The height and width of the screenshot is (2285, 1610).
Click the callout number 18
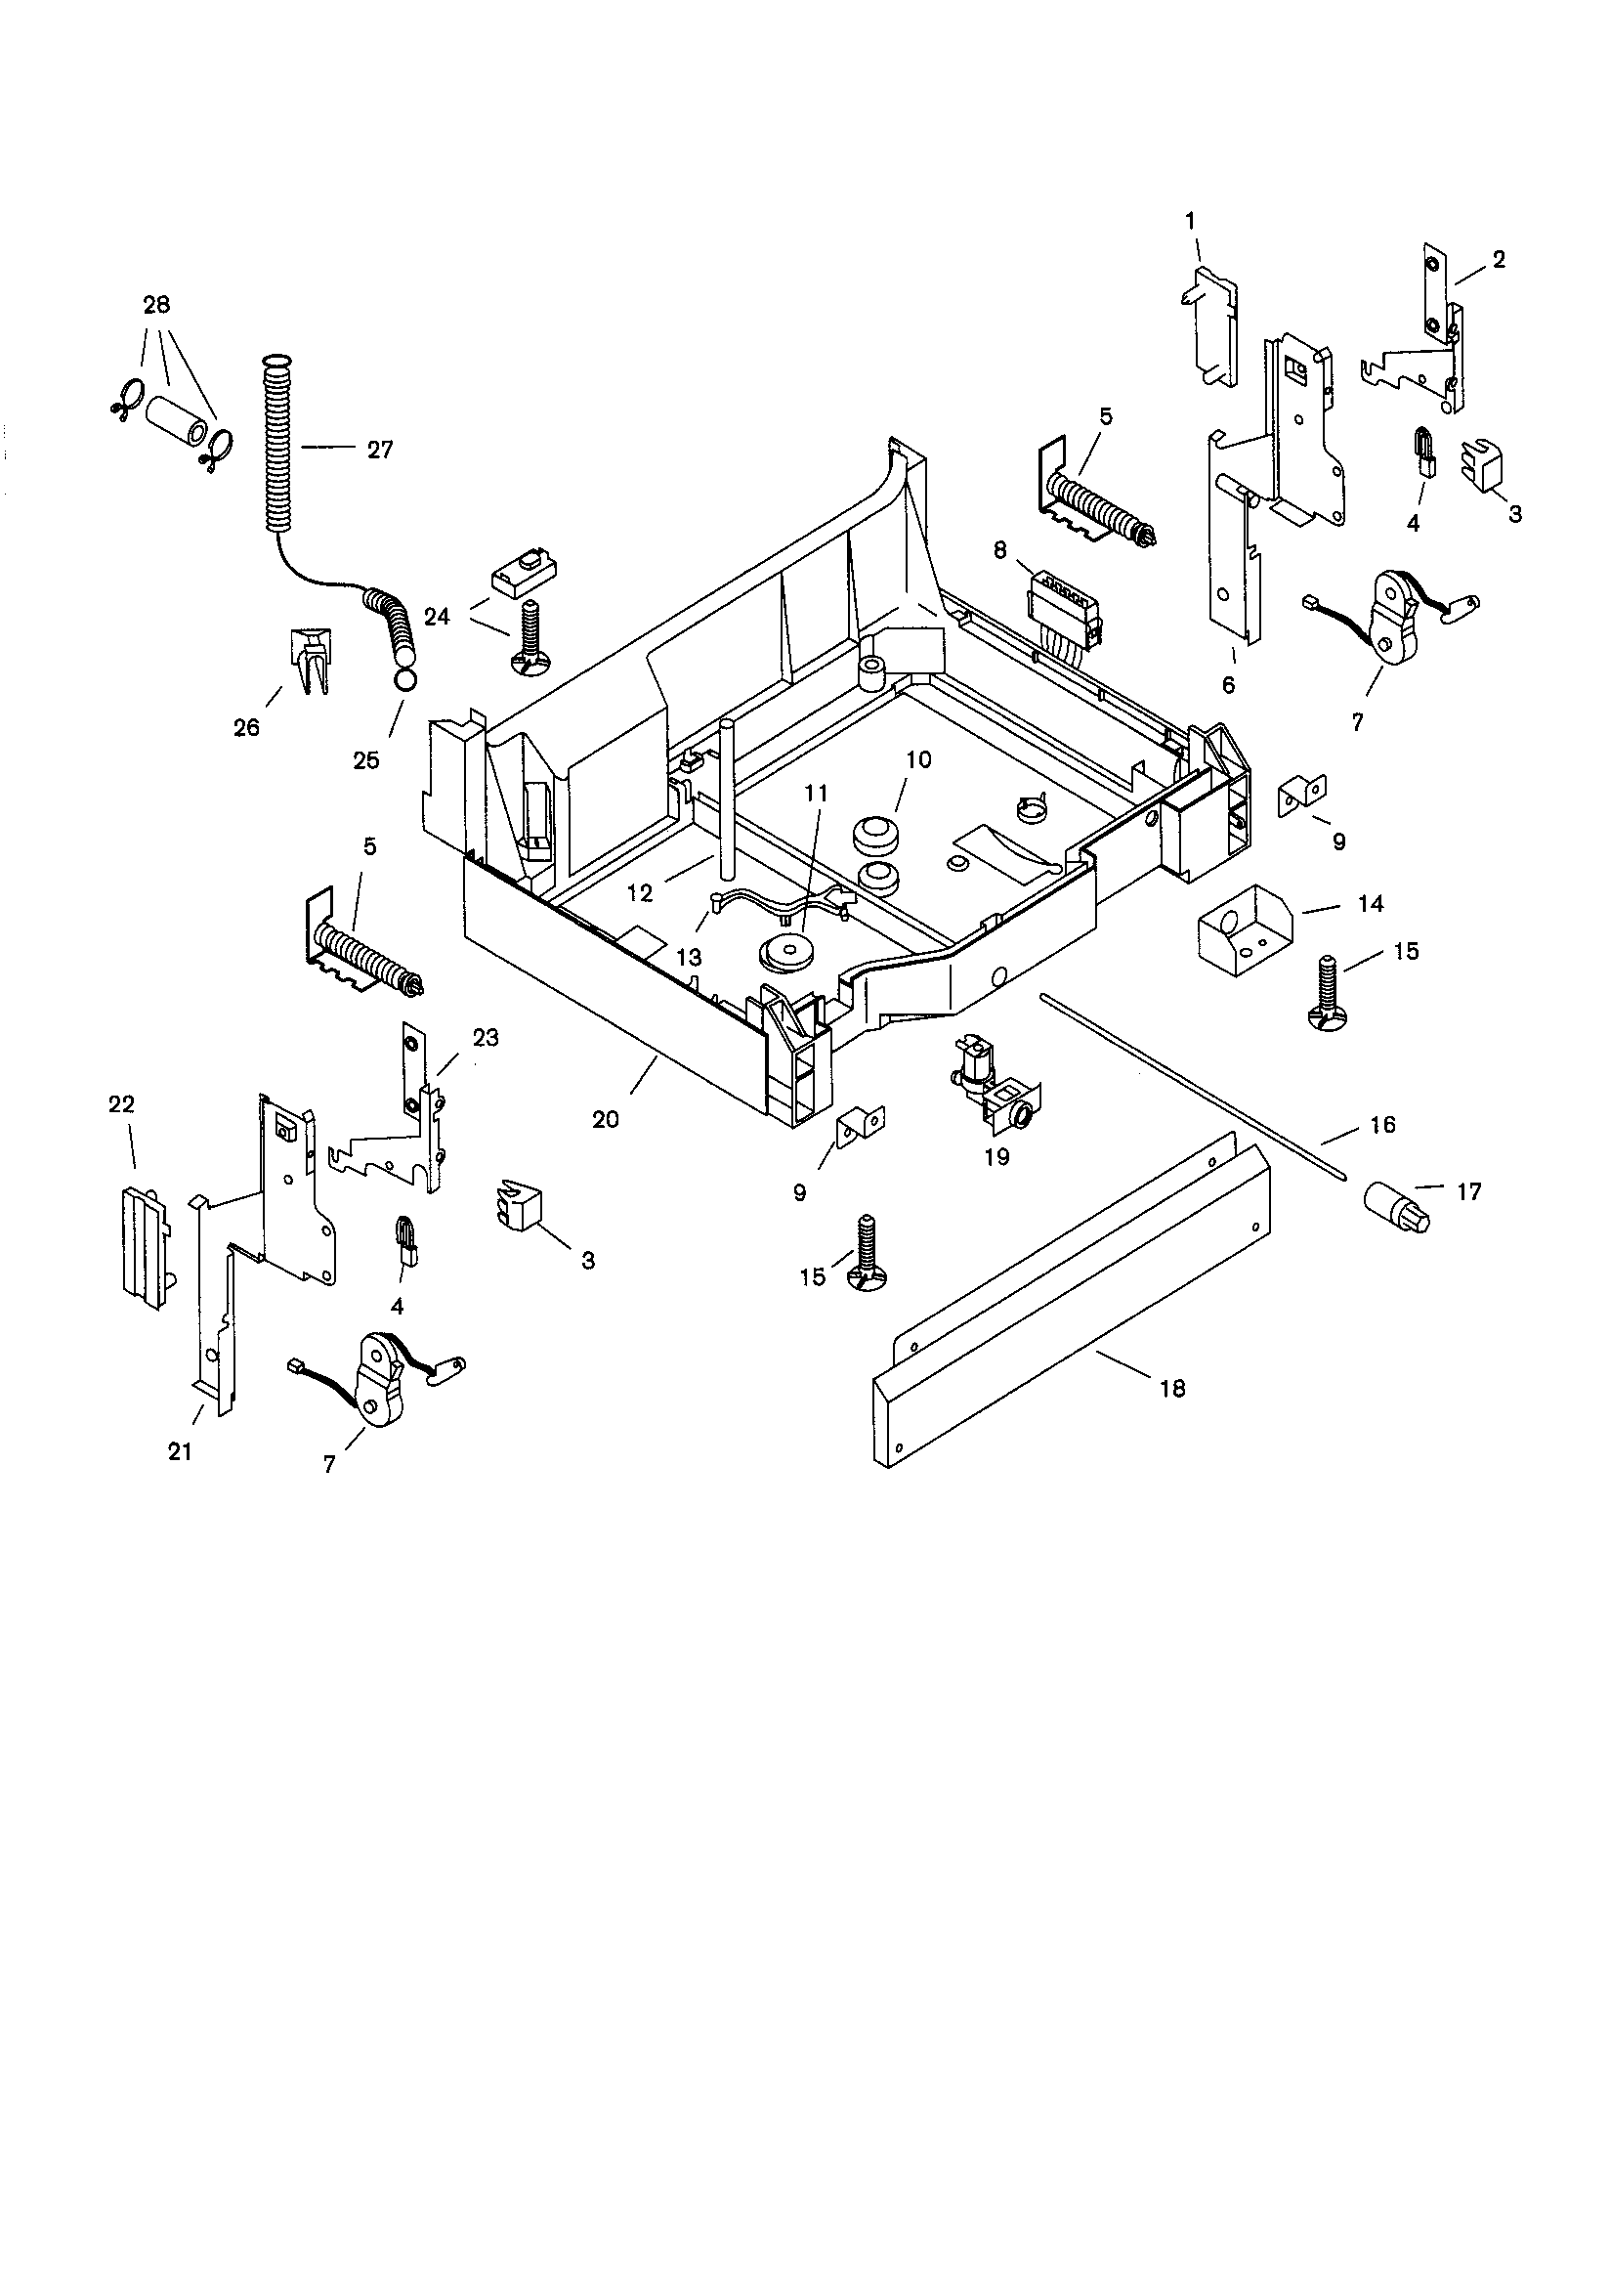[x=1173, y=1388]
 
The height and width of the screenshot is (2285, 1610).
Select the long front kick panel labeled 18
[x=1070, y=1314]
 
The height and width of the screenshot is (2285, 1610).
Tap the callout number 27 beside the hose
[x=379, y=450]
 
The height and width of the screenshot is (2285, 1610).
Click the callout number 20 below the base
[x=605, y=1119]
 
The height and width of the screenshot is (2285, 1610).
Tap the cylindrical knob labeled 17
[x=1399, y=1206]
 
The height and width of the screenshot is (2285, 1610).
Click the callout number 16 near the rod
[x=1382, y=1125]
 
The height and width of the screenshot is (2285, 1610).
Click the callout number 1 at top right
[x=1190, y=221]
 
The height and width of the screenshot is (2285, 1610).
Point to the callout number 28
[x=156, y=305]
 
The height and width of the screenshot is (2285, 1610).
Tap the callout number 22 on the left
[x=121, y=1103]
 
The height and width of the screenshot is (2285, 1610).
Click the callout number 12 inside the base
[x=640, y=892]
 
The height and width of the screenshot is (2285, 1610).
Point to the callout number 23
[x=485, y=1038]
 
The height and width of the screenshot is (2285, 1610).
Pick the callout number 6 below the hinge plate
[x=1228, y=685]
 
